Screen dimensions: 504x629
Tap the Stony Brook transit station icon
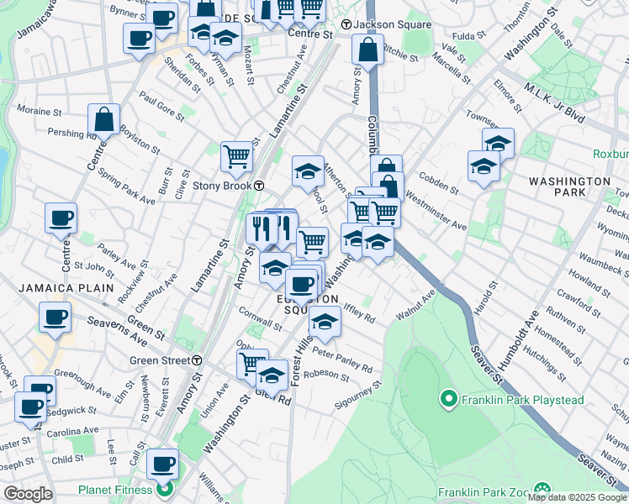(261, 186)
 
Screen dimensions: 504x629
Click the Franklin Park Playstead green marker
(448, 399)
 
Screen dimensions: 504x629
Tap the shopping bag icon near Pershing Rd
(104, 120)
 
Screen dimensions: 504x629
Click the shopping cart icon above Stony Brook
(237, 155)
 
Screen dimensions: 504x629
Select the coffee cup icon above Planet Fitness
(163, 463)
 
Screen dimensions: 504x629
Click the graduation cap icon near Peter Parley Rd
(325, 321)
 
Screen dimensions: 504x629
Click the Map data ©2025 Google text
(577, 497)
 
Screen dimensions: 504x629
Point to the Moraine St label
(40, 110)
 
